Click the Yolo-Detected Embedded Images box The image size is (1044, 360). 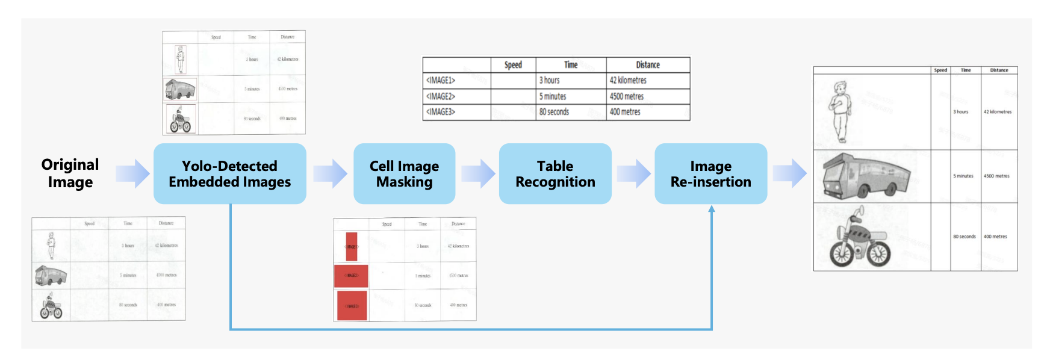pyautogui.click(x=229, y=173)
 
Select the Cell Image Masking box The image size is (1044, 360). pyautogui.click(x=404, y=173)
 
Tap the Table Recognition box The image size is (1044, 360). pyautogui.click(x=555, y=173)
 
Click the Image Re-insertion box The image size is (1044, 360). pyautogui.click(x=710, y=173)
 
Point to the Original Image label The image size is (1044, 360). pyautogui.click(x=70, y=173)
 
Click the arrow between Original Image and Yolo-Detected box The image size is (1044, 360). pyautogui.click(x=132, y=173)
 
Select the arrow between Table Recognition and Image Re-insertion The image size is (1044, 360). pyautogui.click(x=633, y=173)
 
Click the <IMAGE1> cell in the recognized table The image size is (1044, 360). pyautogui.click(x=456, y=81)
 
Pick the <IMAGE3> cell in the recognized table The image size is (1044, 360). pyautogui.click(x=456, y=112)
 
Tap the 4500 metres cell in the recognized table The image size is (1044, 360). pyautogui.click(x=647, y=96)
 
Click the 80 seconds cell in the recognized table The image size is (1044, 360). pyautogui.click(x=570, y=112)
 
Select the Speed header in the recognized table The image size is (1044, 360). pyautogui.click(x=513, y=65)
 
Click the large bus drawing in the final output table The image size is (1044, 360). pyautogui.click(x=866, y=176)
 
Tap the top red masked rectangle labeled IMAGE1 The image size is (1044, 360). pyautogui.click(x=352, y=246)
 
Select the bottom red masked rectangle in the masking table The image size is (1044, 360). pyautogui.click(x=352, y=305)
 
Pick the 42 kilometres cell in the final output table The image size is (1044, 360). pyautogui.click(x=998, y=112)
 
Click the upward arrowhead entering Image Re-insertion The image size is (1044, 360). pyautogui.click(x=712, y=209)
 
